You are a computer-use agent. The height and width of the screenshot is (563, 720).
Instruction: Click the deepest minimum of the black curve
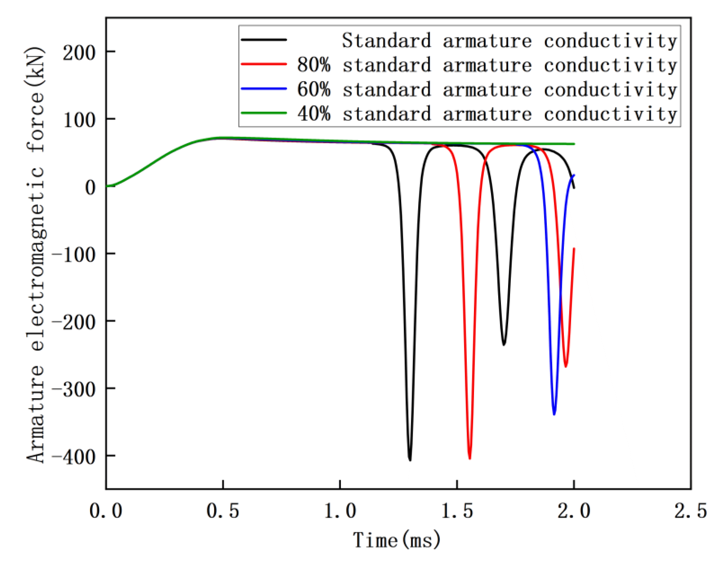[x=410, y=460]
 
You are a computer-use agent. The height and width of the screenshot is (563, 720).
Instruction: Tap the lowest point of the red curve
[x=470, y=458]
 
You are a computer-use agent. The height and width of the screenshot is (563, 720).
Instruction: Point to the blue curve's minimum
[x=554, y=414]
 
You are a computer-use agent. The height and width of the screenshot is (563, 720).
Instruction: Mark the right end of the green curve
[x=574, y=144]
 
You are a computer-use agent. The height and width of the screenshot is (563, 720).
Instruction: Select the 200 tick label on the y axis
[x=79, y=52]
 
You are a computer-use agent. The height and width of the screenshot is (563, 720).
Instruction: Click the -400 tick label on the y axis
[x=74, y=457]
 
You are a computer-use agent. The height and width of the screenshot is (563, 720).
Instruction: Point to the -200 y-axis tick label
[x=74, y=322]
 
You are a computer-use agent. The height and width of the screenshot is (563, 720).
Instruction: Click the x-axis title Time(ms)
[x=397, y=540]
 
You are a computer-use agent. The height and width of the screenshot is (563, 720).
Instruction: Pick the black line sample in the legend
[x=264, y=39]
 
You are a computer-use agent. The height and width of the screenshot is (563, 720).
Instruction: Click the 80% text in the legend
[x=314, y=65]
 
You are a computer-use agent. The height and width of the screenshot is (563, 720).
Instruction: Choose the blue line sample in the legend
[x=264, y=88]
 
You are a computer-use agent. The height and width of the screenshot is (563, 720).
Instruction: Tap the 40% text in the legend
[x=314, y=114]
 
